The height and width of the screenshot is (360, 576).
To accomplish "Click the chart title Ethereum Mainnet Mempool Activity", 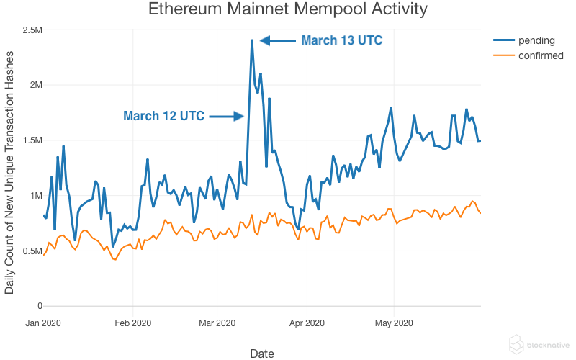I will [288, 10].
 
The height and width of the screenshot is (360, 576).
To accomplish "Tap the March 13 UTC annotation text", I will [341, 40].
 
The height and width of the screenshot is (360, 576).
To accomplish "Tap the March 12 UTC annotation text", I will [163, 116].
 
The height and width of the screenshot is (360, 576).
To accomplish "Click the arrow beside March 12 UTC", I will [228, 116].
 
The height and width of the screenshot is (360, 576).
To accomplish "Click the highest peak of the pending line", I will [251, 40].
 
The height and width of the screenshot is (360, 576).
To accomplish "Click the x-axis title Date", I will [261, 353].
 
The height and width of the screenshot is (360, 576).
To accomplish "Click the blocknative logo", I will [539, 344].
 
